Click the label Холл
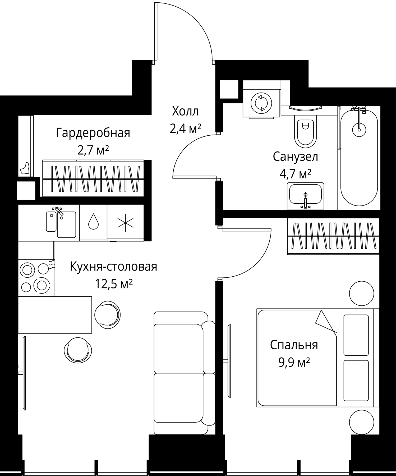[x=185, y=112]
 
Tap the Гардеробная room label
[x=93, y=133]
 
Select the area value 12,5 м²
[x=114, y=284]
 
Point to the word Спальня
[x=294, y=345]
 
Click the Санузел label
[x=295, y=157]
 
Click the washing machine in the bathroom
[x=261, y=103]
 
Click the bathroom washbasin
[x=305, y=196]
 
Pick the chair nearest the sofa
[x=107, y=314]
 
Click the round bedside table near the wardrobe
[x=362, y=293]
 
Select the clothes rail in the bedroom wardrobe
[x=333, y=235]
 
